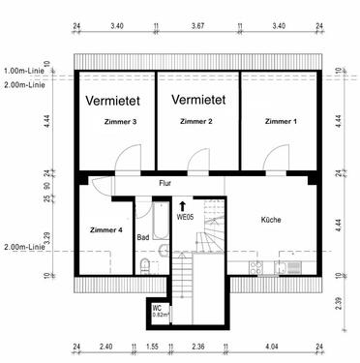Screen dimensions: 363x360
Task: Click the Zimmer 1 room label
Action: [x=281, y=121]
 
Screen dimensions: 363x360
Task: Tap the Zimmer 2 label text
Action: [x=196, y=121]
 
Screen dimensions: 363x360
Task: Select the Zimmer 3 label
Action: [x=119, y=122]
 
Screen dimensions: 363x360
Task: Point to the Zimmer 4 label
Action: [x=106, y=229]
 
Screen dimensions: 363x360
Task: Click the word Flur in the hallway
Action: [x=166, y=182]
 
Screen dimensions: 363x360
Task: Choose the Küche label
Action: [x=271, y=221]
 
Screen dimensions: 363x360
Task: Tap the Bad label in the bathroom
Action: [x=142, y=237]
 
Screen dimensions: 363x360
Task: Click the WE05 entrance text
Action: [x=185, y=218]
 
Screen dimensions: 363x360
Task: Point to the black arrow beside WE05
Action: [x=183, y=204]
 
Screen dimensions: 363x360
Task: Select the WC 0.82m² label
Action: [x=160, y=312]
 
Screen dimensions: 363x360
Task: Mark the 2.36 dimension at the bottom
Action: [x=197, y=346]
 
